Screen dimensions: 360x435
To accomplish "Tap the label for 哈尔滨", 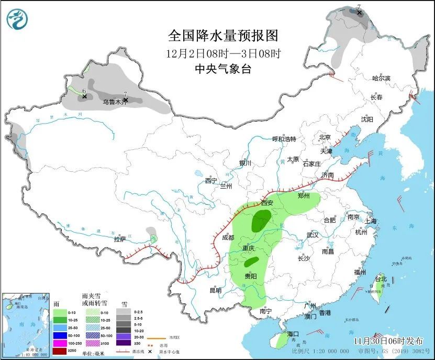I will (381, 78).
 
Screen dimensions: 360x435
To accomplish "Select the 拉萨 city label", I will (119, 239).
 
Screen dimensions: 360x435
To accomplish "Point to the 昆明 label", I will (215, 290).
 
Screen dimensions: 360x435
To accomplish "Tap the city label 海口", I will (293, 334).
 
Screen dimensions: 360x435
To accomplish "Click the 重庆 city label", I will (249, 247).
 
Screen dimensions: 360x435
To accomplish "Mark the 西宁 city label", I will (211, 181).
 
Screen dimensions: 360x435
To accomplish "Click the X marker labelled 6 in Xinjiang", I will (84, 96).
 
